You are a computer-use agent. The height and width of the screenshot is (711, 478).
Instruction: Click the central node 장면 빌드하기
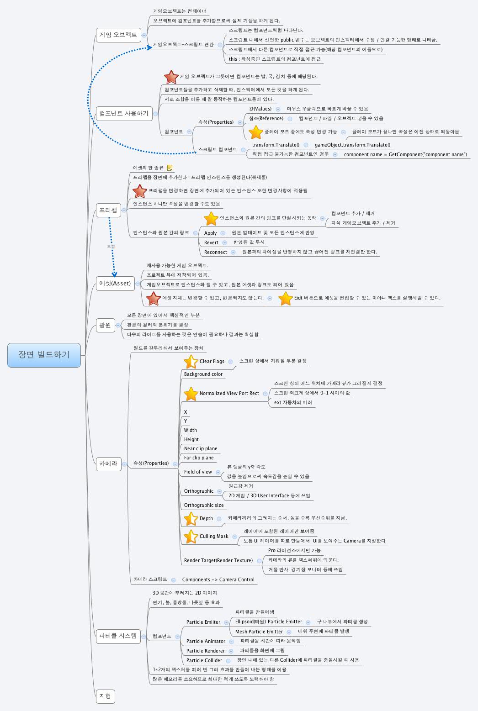point(44,355)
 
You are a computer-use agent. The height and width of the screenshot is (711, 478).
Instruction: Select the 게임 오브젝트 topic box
point(118,35)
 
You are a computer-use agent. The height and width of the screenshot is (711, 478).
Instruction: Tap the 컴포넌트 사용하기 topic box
point(123,113)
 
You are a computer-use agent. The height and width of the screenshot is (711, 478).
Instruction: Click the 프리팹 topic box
point(108,210)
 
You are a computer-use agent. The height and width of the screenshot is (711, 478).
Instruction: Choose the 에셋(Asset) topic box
point(115,283)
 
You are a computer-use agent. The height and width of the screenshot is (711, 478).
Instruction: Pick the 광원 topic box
point(105,325)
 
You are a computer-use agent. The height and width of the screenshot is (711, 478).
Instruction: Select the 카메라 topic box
point(108,463)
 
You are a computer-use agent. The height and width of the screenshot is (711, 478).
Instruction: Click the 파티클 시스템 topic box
point(117,636)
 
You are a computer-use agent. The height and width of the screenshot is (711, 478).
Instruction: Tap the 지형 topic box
point(105,696)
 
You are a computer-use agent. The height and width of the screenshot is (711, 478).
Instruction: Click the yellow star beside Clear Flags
point(191,362)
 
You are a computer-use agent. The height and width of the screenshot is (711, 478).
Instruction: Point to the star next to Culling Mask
point(191,537)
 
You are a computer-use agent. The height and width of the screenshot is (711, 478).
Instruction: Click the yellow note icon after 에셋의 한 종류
point(170,168)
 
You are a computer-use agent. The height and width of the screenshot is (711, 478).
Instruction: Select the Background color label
point(203,374)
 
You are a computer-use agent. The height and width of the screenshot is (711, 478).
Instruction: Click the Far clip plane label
point(199,458)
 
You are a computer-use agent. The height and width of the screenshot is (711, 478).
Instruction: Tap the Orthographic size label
point(204,505)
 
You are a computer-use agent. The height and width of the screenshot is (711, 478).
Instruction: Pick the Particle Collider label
point(204,660)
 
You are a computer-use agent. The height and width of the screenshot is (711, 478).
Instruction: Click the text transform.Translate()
point(276,145)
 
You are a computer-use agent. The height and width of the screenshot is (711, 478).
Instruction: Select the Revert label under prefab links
point(211,242)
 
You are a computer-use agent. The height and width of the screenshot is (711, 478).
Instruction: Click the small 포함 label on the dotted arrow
point(111,247)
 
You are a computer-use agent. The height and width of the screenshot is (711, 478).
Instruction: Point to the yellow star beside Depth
point(191,519)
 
